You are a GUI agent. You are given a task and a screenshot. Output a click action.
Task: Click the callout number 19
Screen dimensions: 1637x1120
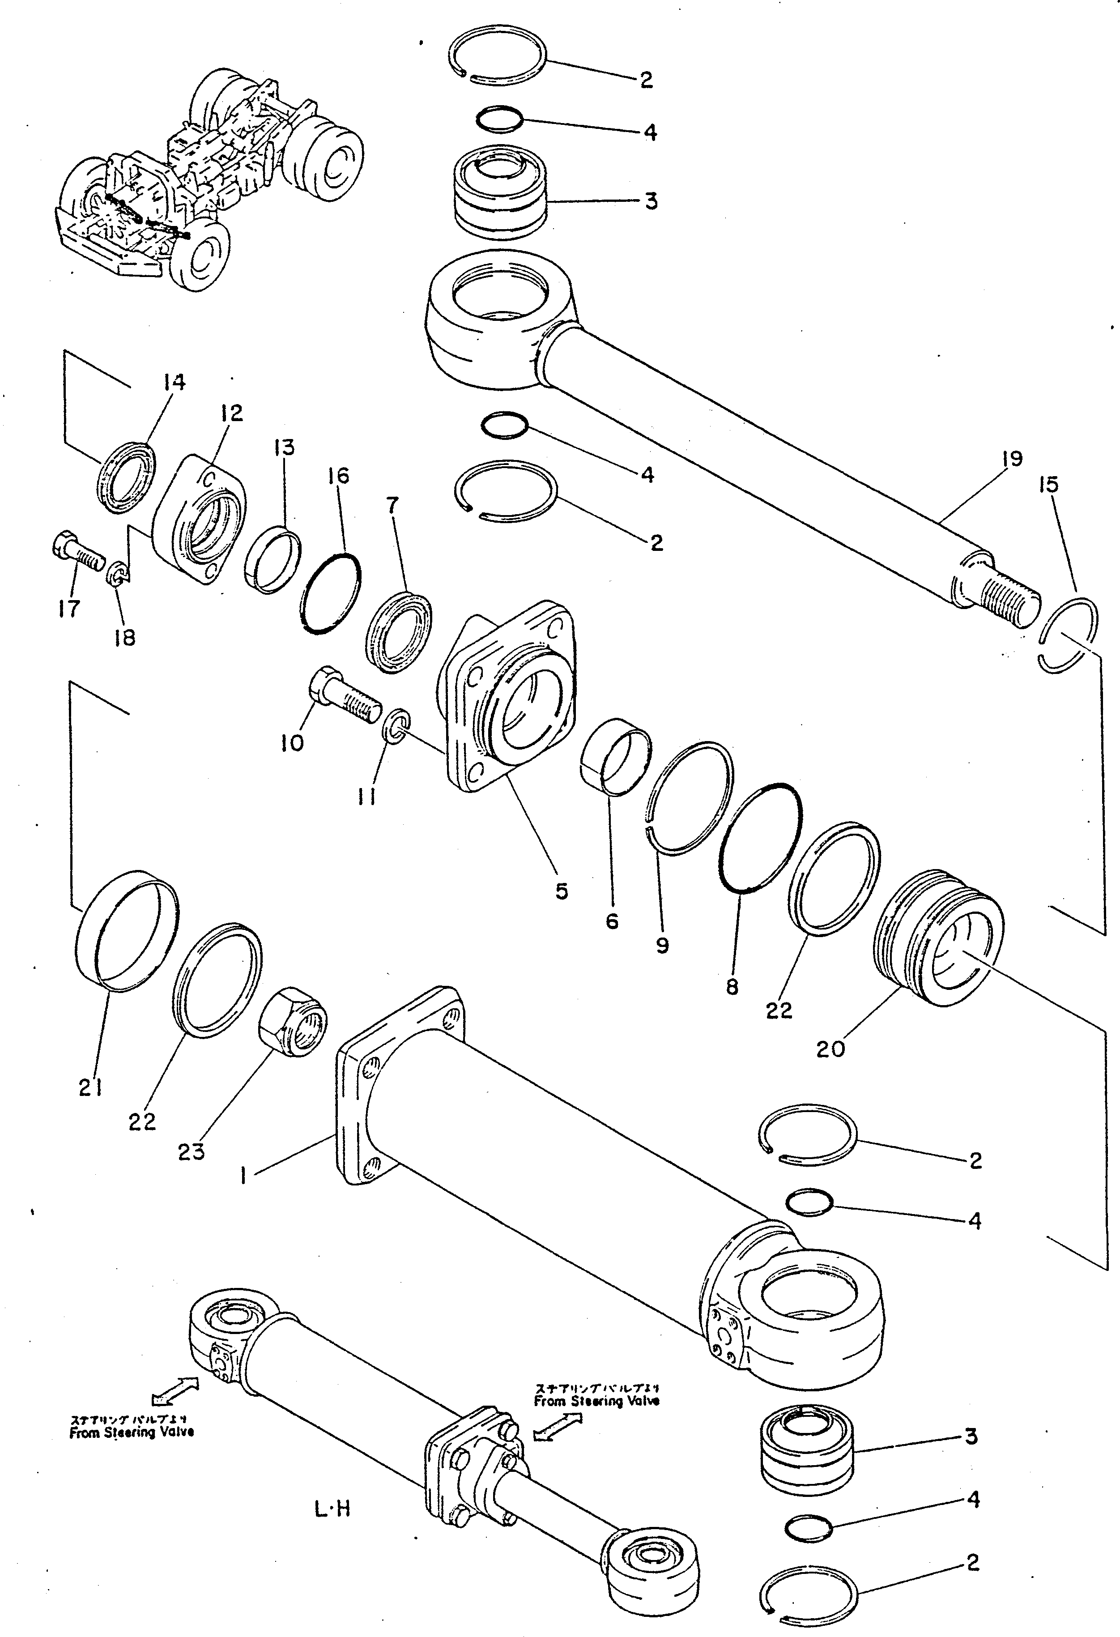coord(1012,459)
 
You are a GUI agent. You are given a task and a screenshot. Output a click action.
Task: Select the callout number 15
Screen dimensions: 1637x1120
coord(1048,485)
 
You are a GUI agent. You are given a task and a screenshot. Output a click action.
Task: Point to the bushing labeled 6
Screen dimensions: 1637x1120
coord(615,765)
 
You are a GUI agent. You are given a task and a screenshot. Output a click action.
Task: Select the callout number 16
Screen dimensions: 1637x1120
coord(338,476)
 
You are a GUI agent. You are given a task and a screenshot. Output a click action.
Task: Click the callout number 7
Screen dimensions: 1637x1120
coord(392,504)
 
